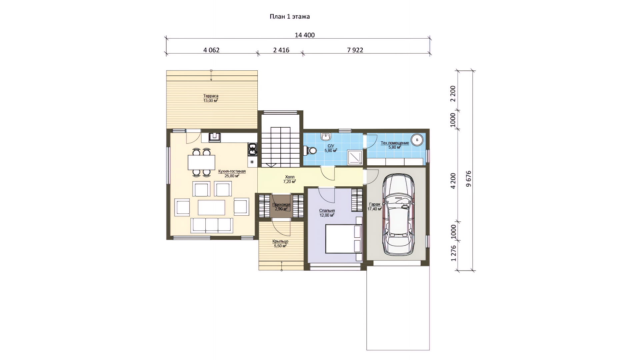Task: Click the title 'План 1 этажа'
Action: tap(290, 16)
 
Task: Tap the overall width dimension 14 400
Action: tap(305, 35)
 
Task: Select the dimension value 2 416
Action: tap(281, 50)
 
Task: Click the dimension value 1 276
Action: tap(453, 253)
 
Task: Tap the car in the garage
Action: tap(398, 214)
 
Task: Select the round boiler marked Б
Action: tap(417, 140)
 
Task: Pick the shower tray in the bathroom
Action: tap(355, 157)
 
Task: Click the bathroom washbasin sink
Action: tap(326, 136)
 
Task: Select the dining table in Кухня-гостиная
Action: tap(201, 162)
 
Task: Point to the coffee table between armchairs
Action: tap(211, 207)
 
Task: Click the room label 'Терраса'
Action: tap(211, 96)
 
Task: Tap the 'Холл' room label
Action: tap(290, 177)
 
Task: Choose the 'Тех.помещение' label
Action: tap(395, 143)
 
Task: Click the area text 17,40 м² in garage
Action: tap(375, 209)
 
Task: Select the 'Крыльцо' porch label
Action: tap(280, 241)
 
